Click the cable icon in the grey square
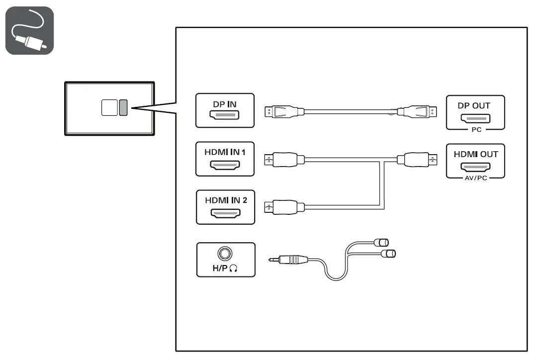(29, 30)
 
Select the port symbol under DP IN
(225, 115)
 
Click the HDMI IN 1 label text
(225, 151)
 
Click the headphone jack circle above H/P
(226, 254)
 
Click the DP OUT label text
(474, 105)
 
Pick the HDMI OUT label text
(475, 154)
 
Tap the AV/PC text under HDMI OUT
(475, 178)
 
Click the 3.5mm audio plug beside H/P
(291, 260)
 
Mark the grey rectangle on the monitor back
(123, 107)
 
